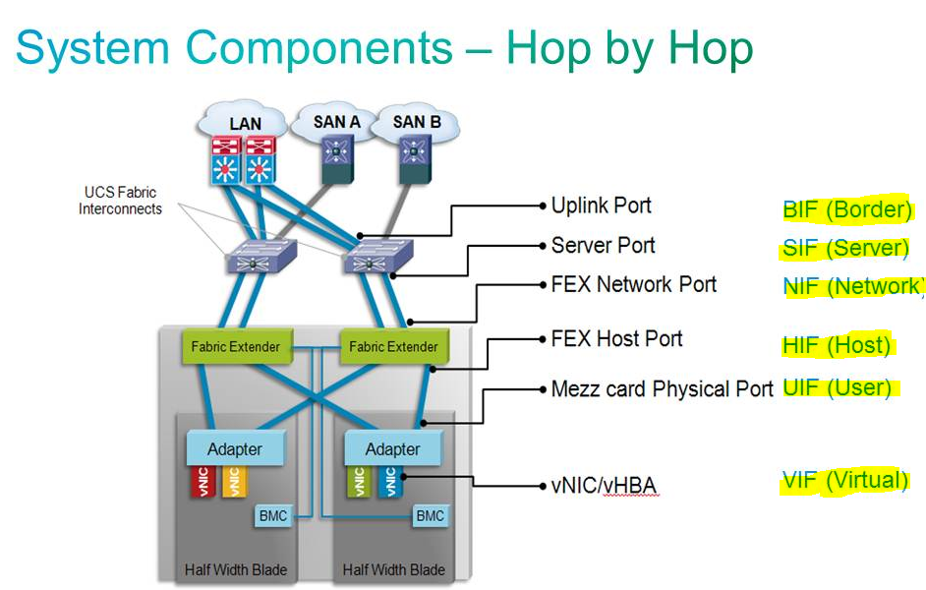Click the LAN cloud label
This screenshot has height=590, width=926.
(x=245, y=123)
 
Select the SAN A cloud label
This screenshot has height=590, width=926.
(x=336, y=122)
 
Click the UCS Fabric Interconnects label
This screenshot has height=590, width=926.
(x=120, y=201)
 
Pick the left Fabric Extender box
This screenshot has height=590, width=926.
(x=235, y=346)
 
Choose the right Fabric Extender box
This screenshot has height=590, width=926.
(x=392, y=346)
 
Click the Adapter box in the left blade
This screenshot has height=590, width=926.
(x=235, y=449)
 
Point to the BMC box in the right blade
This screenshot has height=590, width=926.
(x=430, y=515)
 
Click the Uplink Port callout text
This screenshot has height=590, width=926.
(x=601, y=206)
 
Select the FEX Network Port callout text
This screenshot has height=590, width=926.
(x=634, y=284)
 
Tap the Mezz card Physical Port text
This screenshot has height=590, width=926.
(x=663, y=389)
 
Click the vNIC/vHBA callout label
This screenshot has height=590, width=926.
(x=604, y=486)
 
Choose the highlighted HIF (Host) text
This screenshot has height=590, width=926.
(x=837, y=345)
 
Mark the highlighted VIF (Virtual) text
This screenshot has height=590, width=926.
(x=844, y=480)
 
